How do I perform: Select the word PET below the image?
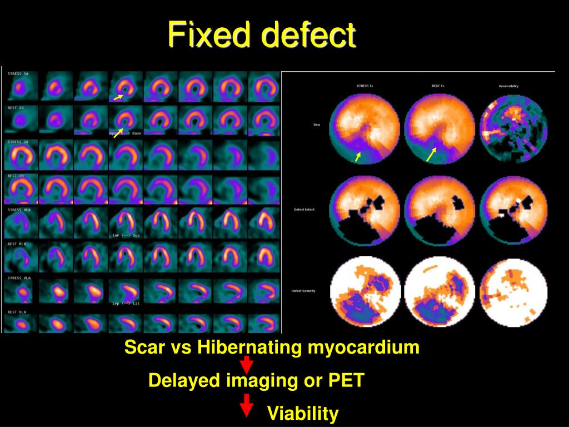tap(346, 381)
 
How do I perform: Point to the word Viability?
tap(303, 414)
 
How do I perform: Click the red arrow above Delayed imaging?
tap(247, 365)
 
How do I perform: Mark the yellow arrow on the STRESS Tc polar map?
tap(358, 157)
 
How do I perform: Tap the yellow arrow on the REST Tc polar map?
tap(431, 155)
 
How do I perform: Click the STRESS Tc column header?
tap(364, 86)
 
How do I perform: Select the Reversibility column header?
tap(508, 86)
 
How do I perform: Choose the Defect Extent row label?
tap(305, 210)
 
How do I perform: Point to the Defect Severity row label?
tap(304, 291)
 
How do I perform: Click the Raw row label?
tap(317, 125)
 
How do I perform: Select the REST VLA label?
tap(17, 312)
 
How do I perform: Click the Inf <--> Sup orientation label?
tap(126, 235)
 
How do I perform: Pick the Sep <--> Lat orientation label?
tap(126, 304)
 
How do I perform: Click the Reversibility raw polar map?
tap(513, 129)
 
